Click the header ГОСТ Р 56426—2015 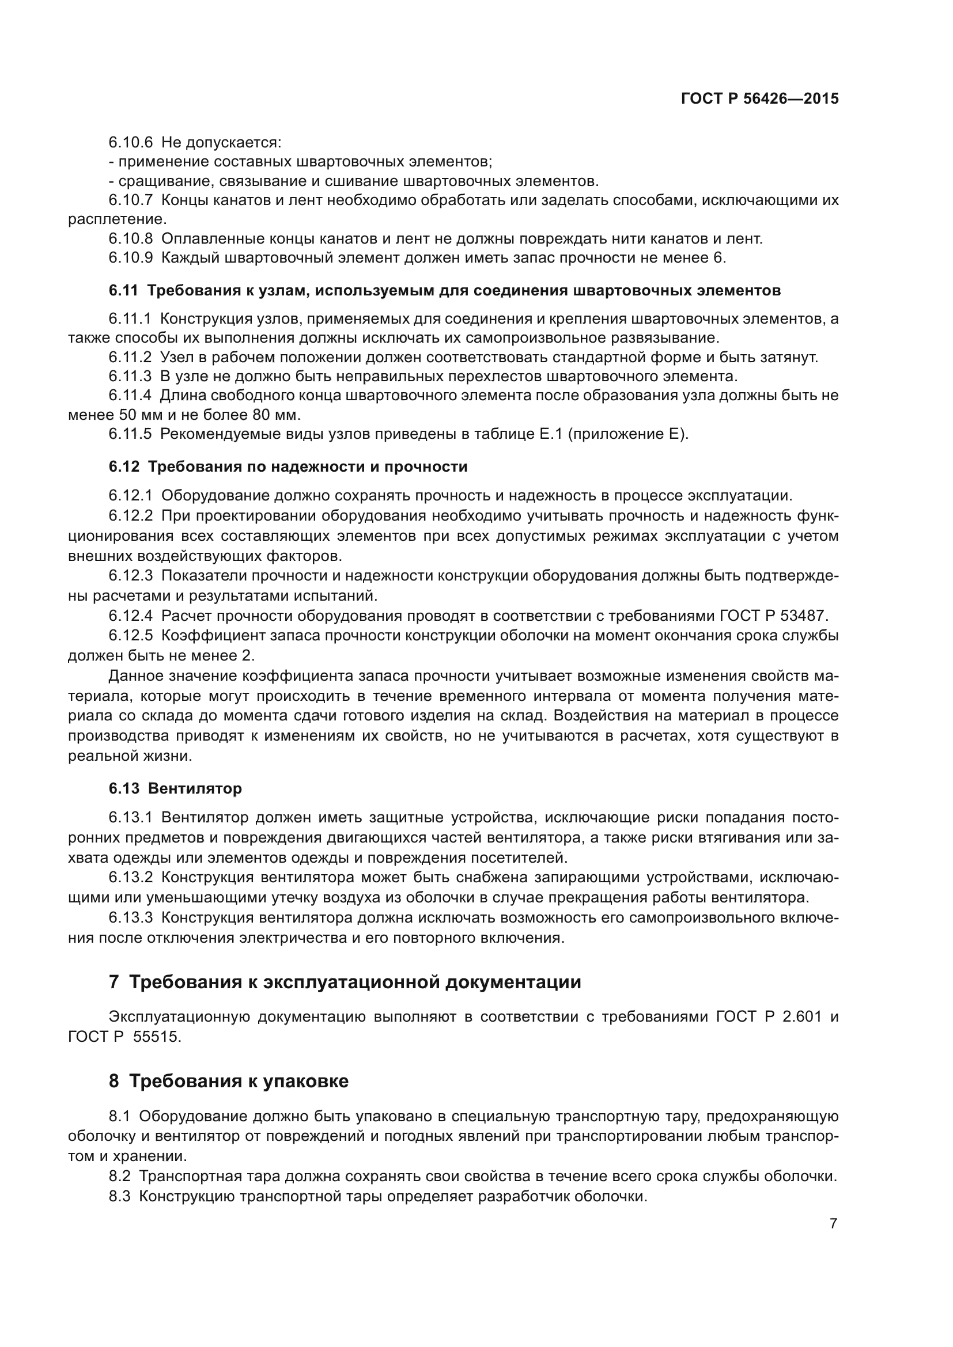click(759, 98)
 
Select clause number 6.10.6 click(130, 143)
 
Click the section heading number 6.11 click(123, 291)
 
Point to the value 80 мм click(276, 415)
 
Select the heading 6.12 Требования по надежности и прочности click(288, 467)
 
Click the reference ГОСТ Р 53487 click(773, 616)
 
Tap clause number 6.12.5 click(130, 636)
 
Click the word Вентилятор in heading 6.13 click(194, 788)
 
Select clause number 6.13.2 click(130, 878)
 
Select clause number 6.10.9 click(130, 258)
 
